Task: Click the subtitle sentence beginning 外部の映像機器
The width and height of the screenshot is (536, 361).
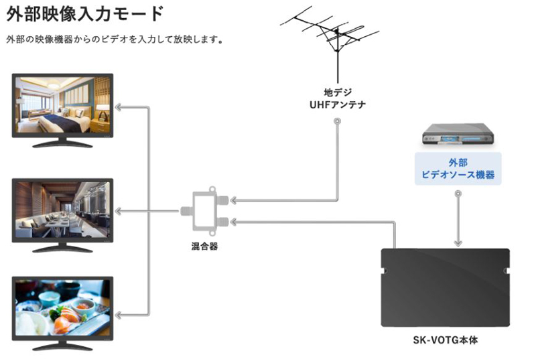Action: [x=114, y=40]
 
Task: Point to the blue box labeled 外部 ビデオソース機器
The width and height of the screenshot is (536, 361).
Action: [x=458, y=168]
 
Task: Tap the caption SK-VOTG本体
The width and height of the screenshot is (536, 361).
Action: [x=445, y=340]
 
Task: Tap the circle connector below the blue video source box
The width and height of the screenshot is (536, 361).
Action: [x=458, y=195]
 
